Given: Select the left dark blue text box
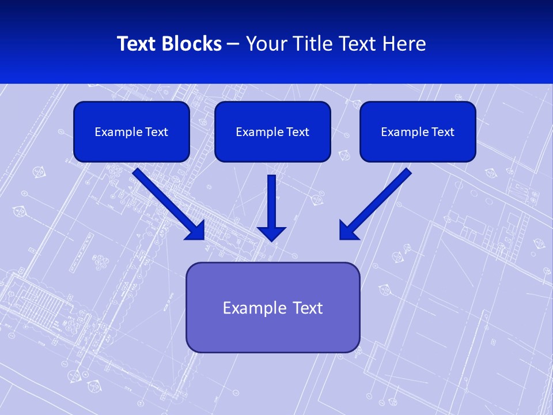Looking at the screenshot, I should point(131,131).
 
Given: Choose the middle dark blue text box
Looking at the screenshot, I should point(272,131).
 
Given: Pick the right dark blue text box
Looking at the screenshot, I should point(418,131).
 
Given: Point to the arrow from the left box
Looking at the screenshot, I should point(167,203).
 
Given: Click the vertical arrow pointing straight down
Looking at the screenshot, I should point(272,205).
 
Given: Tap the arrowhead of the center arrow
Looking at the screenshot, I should point(272,233).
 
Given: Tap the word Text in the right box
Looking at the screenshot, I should point(442,132).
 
